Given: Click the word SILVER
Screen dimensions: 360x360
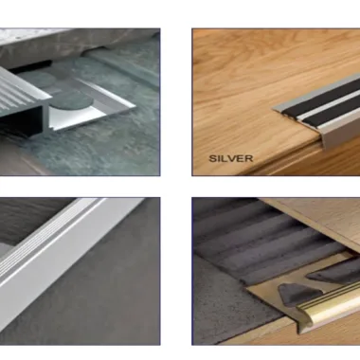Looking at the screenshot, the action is pyautogui.click(x=231, y=158).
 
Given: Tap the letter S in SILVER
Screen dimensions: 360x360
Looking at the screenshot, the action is pyautogui.click(x=212, y=158).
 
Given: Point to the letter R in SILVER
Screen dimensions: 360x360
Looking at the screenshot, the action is pyautogui.click(x=249, y=158).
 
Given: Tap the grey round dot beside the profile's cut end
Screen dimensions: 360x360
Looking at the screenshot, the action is pyautogui.click(x=69, y=102).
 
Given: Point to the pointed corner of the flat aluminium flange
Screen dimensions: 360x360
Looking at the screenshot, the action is pyautogui.click(x=135, y=105).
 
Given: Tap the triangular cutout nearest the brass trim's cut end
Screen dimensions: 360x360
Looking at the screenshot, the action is pyautogui.click(x=294, y=294).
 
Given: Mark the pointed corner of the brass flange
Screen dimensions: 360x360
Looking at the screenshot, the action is pyautogui.click(x=246, y=287).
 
